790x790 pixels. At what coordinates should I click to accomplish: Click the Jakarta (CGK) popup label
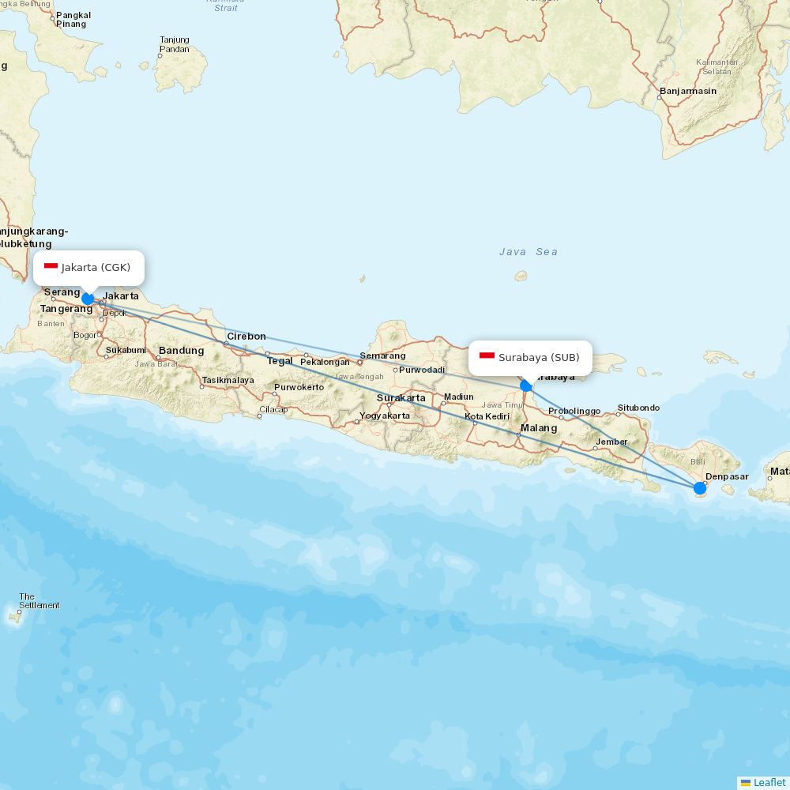96,268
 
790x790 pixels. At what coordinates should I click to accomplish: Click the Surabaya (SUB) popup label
539,358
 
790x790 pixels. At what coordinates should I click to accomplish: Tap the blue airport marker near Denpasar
700,488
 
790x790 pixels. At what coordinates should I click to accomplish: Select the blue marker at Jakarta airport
88,299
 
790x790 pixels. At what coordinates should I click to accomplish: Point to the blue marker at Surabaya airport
526,386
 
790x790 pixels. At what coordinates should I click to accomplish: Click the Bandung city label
181,351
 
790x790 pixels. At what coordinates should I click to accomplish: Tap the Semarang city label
382,355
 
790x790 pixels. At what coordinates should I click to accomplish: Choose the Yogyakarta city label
385,416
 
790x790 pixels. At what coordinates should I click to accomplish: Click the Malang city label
538,428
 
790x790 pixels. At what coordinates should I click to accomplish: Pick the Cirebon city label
246,337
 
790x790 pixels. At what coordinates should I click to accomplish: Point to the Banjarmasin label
688,91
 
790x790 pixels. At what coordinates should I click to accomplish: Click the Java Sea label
529,252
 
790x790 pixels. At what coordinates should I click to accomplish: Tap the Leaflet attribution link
769,782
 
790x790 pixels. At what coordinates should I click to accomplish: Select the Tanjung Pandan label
175,44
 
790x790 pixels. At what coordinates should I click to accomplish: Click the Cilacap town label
273,409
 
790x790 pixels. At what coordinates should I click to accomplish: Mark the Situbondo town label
638,408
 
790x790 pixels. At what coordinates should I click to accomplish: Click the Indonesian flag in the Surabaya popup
487,358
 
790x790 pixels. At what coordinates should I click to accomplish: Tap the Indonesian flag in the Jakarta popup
51,268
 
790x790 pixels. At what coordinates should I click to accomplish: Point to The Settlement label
39,601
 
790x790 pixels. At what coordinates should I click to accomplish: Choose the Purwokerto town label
299,387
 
